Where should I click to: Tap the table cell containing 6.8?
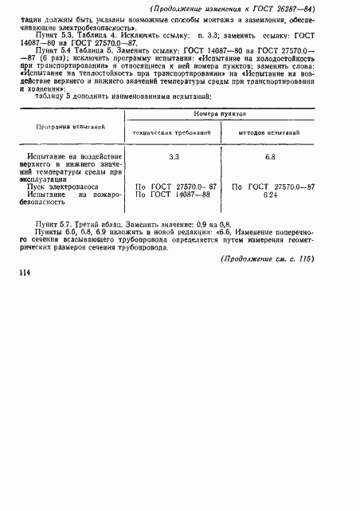[x=271, y=157]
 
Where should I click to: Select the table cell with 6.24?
[x=272, y=195]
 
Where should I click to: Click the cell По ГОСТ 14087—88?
[x=173, y=195]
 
